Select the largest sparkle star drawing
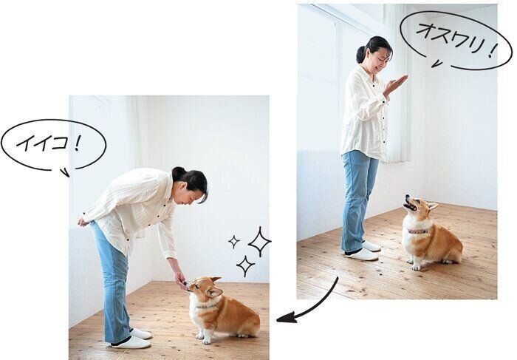coord(259,241)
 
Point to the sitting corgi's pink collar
coord(418,231)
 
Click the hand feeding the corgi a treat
coord(178,278)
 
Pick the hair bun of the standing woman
coord(360,53)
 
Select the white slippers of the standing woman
coord(363,251)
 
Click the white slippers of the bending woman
coord(133,339)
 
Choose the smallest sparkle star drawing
coord(234,241)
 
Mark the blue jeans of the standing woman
coord(359,192)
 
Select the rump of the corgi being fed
coord(247,318)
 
